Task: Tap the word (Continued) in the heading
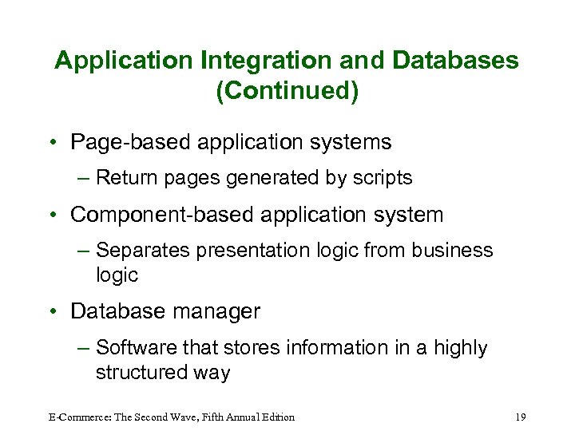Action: coord(287,90)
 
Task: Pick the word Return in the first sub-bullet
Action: coord(125,178)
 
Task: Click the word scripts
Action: coord(383,178)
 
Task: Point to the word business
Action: coord(452,251)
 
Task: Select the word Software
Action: coord(135,348)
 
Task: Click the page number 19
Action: coord(521,417)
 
